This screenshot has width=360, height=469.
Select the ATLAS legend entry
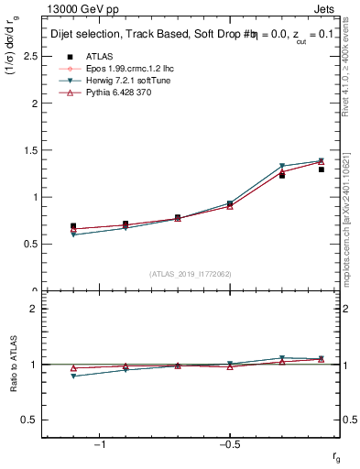point(95,56)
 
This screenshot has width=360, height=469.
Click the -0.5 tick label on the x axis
point(229,444)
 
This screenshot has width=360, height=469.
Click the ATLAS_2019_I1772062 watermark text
point(191,274)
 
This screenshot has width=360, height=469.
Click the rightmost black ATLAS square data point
point(321,169)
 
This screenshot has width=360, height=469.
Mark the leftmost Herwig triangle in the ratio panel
point(73,376)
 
